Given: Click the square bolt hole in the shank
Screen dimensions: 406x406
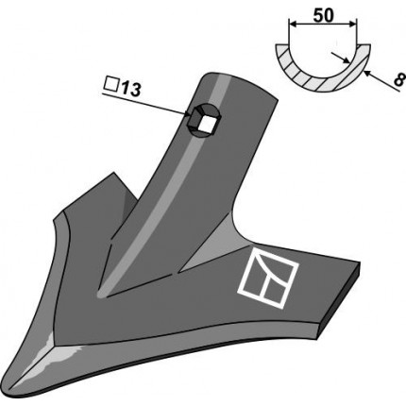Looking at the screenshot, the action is (x=208, y=125).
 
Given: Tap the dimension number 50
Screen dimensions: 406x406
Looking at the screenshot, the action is (x=323, y=15).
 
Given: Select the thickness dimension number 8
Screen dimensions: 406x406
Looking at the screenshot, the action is (x=398, y=80).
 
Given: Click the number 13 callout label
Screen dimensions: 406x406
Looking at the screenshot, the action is (x=129, y=90).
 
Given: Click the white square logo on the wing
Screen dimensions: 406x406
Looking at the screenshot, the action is (x=268, y=276).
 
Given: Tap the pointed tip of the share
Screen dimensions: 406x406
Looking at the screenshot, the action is (x=8, y=391).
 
